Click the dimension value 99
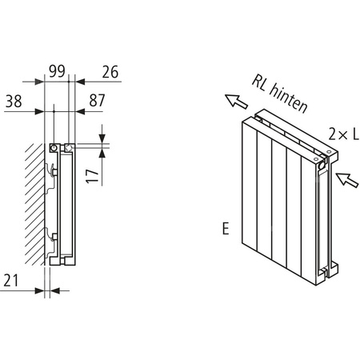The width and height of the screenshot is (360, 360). [57, 71]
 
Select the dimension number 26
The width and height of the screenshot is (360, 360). [110, 71]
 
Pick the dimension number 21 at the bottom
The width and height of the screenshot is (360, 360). [11, 279]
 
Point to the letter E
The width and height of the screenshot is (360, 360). [228, 230]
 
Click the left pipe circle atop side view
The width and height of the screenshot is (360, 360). [53, 148]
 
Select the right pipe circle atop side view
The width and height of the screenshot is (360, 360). [70, 148]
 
